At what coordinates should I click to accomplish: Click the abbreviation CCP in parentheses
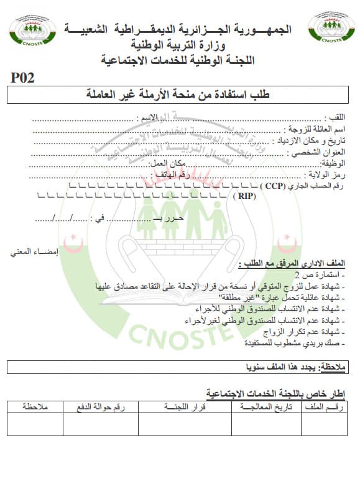pos(272,186)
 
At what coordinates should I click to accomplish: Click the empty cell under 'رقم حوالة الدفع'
pos(100,425)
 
